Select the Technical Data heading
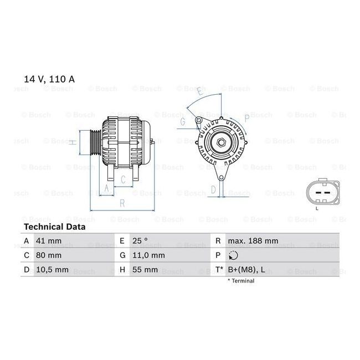click(54, 227)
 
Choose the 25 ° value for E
click(140, 241)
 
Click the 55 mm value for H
click(145, 270)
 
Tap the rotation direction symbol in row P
click(233, 255)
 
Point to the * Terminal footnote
click(241, 281)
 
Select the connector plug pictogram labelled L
click(318, 194)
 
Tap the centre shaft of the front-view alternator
click(220, 142)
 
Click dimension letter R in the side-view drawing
click(122, 203)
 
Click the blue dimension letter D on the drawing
click(213, 189)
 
